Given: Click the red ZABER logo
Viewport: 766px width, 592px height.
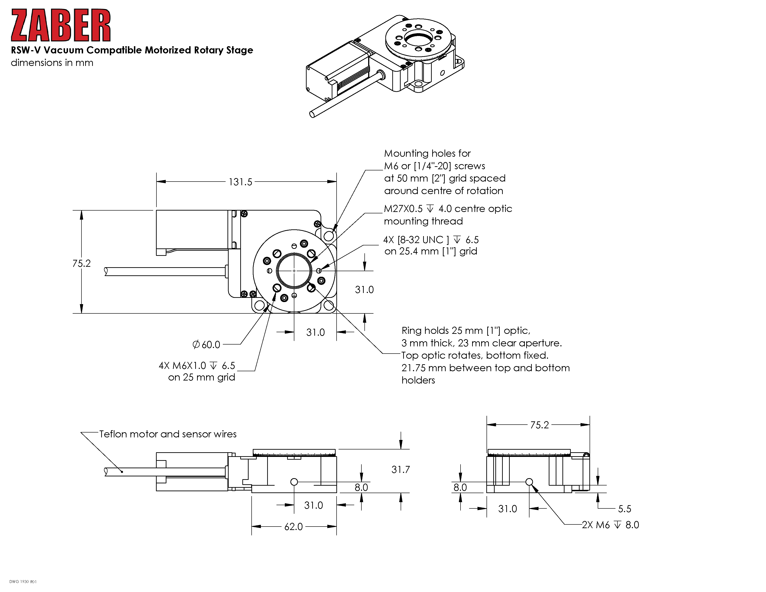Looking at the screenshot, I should (61, 25).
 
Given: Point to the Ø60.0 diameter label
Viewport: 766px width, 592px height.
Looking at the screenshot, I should (207, 345).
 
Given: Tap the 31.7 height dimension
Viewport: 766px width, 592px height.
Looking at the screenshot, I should (401, 470).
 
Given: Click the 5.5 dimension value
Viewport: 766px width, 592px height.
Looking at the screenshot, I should (624, 509).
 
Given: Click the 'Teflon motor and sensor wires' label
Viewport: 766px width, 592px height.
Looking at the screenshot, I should (168, 434).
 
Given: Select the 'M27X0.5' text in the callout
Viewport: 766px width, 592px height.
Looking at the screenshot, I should (403, 209).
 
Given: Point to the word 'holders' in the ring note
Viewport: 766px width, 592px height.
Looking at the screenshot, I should (418, 381).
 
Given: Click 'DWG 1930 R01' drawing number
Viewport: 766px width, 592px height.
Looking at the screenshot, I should (23, 582).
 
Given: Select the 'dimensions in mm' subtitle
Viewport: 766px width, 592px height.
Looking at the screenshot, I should (52, 63).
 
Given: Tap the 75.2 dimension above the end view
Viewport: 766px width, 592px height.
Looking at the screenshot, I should (539, 425).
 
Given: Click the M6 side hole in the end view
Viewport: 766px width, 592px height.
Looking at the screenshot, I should (529, 482).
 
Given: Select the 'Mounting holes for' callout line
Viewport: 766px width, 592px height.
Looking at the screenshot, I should (427, 154).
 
